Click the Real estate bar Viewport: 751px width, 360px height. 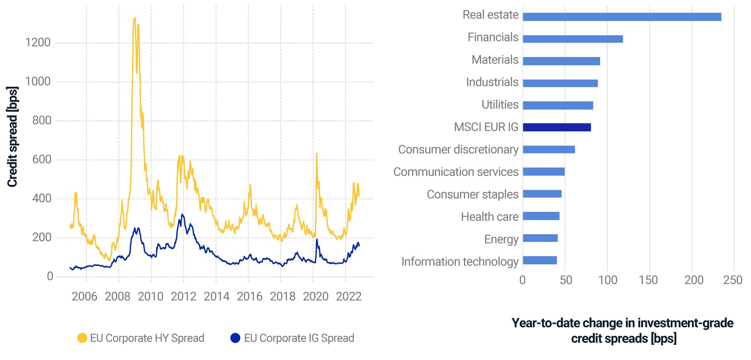(622, 17)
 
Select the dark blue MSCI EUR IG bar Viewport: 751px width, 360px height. (557, 127)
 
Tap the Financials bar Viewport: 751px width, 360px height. (573, 39)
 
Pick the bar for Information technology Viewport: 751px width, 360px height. (540, 260)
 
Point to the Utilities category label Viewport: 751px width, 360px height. (500, 105)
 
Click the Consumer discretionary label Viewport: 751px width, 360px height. (458, 149)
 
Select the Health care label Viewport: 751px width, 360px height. (490, 217)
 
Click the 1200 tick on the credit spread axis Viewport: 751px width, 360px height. (38, 43)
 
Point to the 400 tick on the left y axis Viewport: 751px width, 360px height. (42, 198)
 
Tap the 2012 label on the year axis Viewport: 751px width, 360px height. (184, 297)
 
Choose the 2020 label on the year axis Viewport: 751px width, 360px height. (316, 297)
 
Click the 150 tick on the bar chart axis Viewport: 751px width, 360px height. (648, 280)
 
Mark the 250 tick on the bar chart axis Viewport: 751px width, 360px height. (733, 280)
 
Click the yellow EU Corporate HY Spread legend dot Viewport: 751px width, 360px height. (82, 338)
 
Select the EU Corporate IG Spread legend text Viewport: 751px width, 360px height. (299, 338)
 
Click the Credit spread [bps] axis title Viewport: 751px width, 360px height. (12, 137)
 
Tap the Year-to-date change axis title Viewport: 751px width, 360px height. (623, 330)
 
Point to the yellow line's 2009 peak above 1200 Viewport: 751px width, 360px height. (135, 18)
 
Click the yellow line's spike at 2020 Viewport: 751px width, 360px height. (316, 154)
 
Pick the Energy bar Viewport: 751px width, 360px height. (540, 238)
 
